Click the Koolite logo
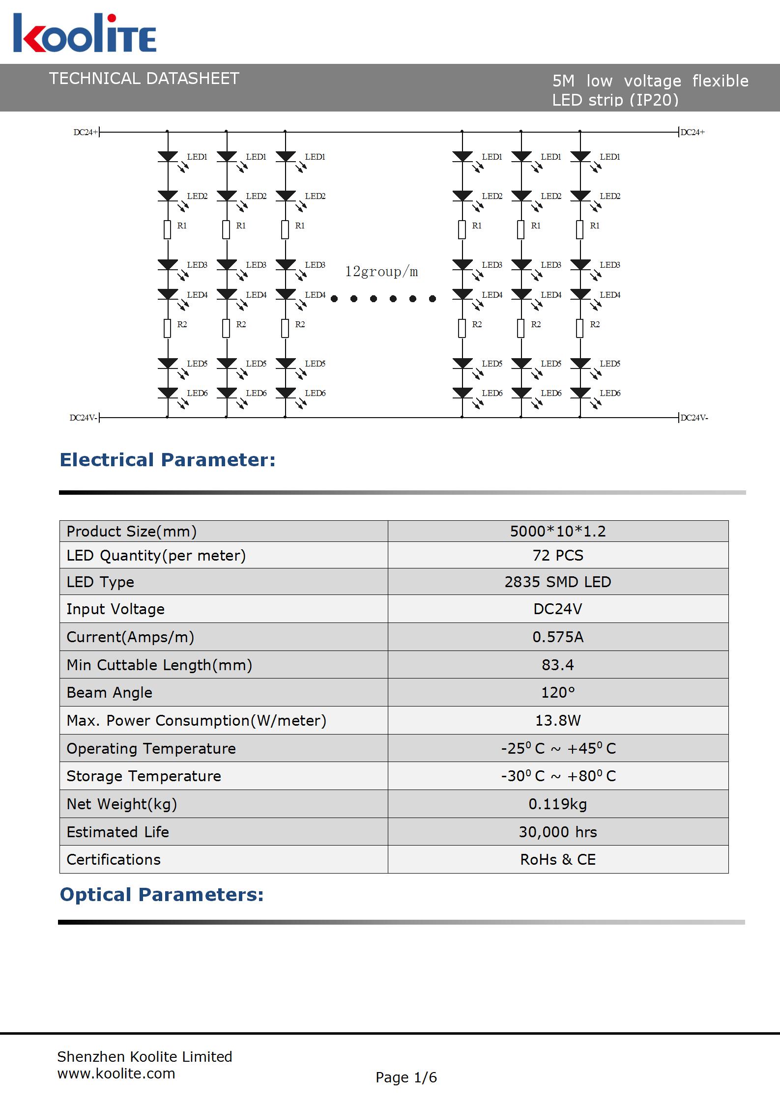(x=85, y=33)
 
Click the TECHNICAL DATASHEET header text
(x=144, y=79)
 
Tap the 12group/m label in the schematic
(x=381, y=272)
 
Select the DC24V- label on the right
(x=694, y=418)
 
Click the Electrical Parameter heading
(x=168, y=460)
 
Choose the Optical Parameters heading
(x=162, y=895)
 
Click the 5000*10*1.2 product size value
(x=558, y=531)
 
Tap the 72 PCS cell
(x=558, y=555)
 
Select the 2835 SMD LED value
(x=558, y=582)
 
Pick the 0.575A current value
(x=558, y=637)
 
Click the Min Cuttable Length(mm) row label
(x=159, y=665)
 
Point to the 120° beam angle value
(x=558, y=692)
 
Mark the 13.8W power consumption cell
(x=558, y=720)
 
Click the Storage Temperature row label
(x=144, y=776)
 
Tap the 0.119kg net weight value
(x=558, y=804)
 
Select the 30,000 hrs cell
(x=558, y=832)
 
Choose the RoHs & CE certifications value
(x=558, y=859)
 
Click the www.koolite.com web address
(x=116, y=1074)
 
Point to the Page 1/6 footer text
(x=406, y=1077)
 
